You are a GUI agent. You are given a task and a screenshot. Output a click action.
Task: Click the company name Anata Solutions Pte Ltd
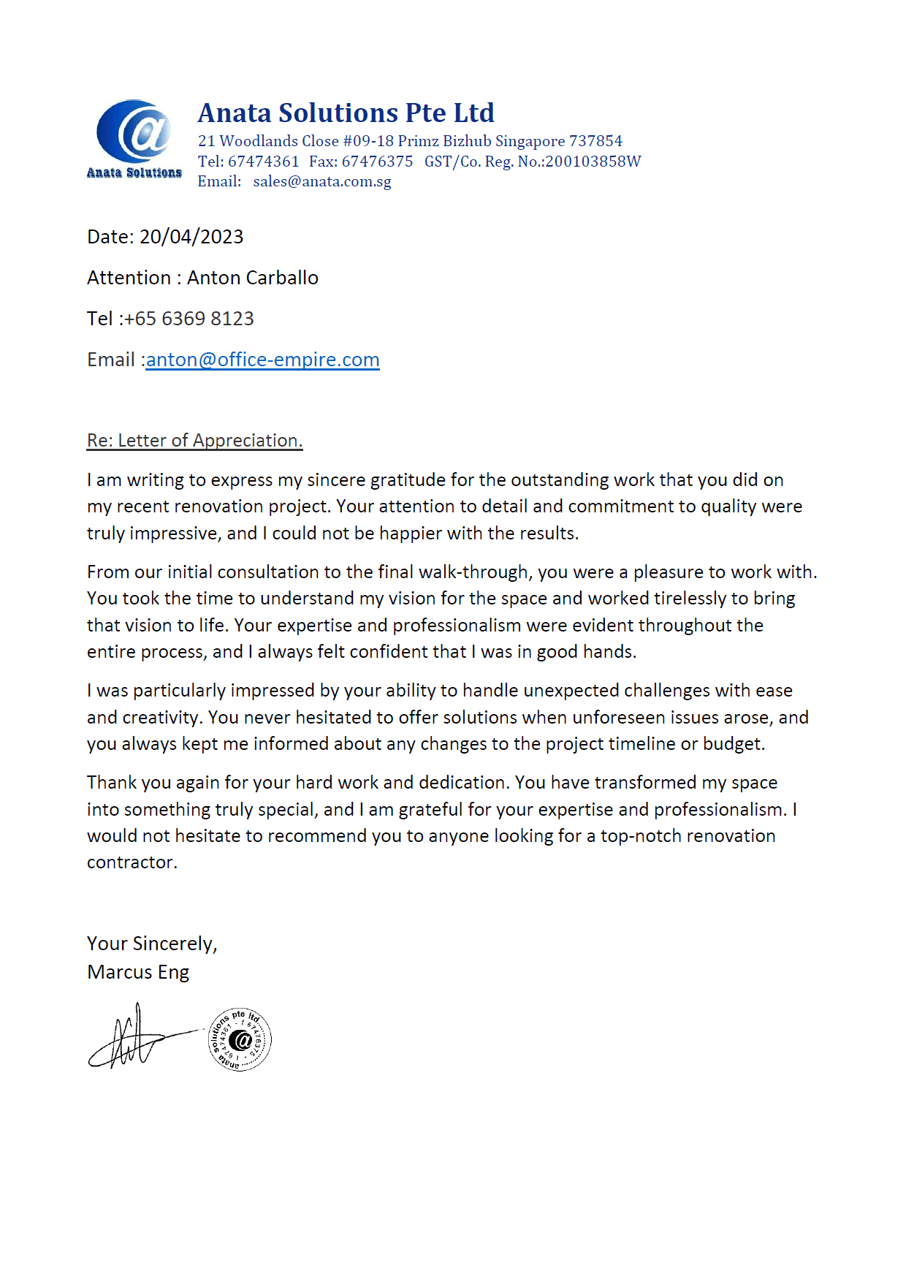[346, 113]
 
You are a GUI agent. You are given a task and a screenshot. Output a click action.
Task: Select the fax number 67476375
[377, 162]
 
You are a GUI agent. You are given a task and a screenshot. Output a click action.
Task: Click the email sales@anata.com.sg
[322, 181]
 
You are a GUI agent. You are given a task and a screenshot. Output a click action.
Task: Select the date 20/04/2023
[191, 237]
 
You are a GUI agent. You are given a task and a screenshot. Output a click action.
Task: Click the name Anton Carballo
[252, 278]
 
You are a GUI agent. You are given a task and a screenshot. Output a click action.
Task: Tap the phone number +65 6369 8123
[189, 319]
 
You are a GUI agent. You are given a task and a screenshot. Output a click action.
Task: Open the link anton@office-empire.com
[262, 360]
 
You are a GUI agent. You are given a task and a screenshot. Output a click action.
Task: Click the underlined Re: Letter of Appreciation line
[194, 440]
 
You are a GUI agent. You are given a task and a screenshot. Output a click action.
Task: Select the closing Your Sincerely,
[152, 944]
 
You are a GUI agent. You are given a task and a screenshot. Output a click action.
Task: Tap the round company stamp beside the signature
[240, 1039]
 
